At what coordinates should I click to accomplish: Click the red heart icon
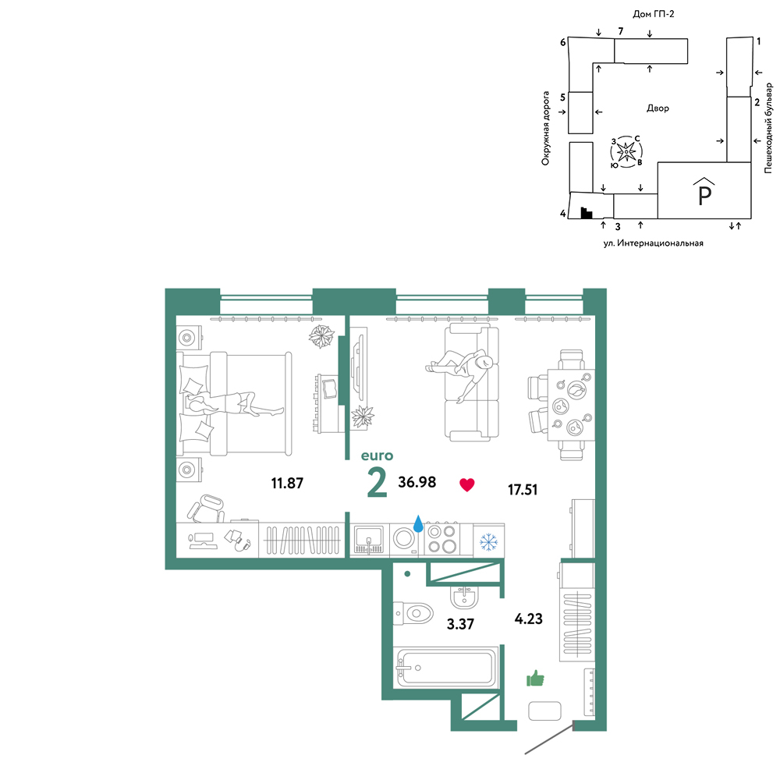pos(466,484)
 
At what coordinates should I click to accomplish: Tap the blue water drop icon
pos(418,523)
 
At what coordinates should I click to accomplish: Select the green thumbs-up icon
pos(535,678)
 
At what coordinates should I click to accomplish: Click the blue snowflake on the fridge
pos(488,542)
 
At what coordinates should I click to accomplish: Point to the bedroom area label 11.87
pos(287,483)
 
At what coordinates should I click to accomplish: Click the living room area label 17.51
pos(523,490)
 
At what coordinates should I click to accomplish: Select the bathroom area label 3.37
pos(460,624)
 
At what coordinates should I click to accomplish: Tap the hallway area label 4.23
pos(528,619)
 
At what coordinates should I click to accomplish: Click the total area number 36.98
pos(417,482)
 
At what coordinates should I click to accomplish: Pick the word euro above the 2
pos(377,456)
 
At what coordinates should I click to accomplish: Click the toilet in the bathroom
pos(413,613)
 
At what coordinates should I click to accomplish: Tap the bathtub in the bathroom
pos(445,668)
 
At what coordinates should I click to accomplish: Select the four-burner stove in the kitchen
pos(442,539)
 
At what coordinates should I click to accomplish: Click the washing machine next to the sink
pos(404,539)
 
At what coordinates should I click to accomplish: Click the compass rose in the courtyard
pos(626,151)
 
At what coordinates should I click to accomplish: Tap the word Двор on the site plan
pos(658,108)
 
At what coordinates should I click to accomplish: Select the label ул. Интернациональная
pos(653,243)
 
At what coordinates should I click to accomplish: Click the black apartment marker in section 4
pos(587,213)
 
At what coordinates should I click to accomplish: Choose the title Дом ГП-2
pos(653,14)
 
